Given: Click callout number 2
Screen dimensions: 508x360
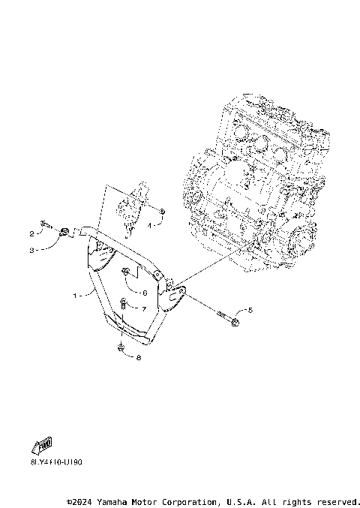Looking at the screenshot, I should tap(33, 233).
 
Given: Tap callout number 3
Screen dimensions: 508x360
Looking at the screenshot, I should tap(33, 251).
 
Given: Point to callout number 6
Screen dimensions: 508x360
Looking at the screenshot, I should tap(144, 293).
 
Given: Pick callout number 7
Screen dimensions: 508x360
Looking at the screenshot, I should tap(144, 308).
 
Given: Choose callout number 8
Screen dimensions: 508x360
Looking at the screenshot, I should tap(139, 357).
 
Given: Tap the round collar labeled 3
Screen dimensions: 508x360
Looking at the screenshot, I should tap(64, 231).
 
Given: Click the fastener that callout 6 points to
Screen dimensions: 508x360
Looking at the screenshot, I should tap(126, 272).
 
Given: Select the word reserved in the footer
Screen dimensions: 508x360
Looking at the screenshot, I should tap(339, 501).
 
